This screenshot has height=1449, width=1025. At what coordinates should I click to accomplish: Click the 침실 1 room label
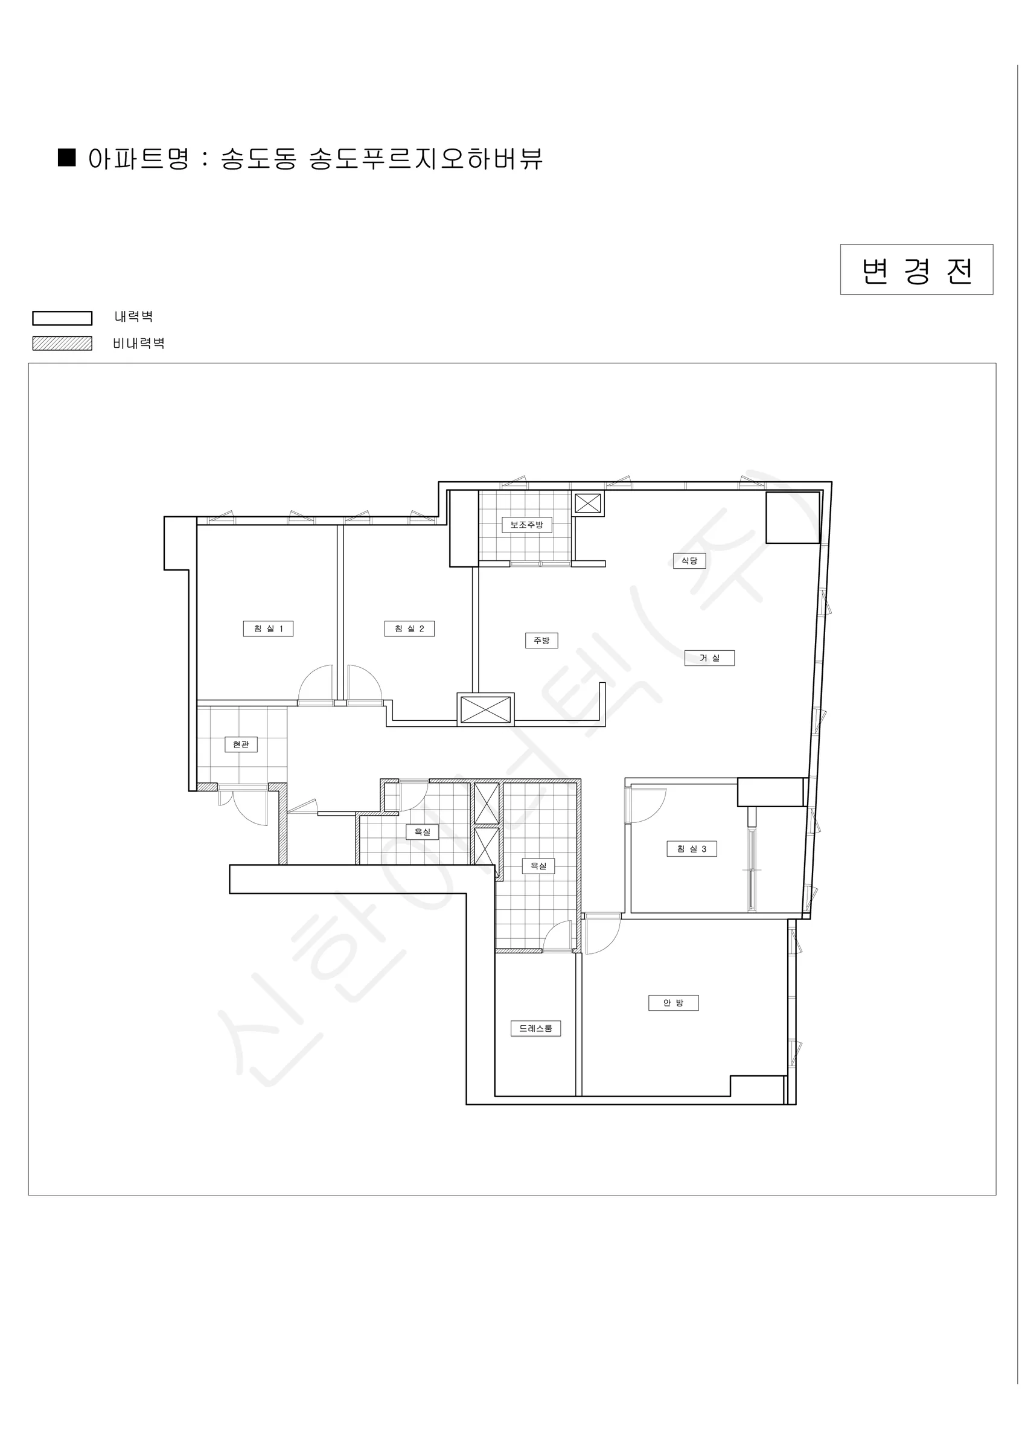click(x=268, y=629)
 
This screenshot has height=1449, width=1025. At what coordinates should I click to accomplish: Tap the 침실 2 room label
click(x=410, y=629)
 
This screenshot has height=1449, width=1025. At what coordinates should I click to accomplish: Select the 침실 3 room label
click(x=692, y=849)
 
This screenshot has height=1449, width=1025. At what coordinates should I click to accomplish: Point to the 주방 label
click(x=541, y=641)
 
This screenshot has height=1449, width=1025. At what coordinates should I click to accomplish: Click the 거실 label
click(x=709, y=658)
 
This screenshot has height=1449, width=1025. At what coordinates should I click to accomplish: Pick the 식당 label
click(x=689, y=560)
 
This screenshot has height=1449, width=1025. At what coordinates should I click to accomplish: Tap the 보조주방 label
click(x=527, y=525)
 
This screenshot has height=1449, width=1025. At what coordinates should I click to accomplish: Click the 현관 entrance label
click(x=241, y=744)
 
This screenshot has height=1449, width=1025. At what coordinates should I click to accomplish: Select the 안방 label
click(x=674, y=1003)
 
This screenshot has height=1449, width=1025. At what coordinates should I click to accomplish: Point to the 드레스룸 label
click(x=536, y=1029)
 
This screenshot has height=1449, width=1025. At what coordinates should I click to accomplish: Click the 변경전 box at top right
click(x=916, y=269)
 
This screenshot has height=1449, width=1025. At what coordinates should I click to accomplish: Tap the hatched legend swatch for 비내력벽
click(x=63, y=344)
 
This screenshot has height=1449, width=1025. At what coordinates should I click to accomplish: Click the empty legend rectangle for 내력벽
click(x=63, y=318)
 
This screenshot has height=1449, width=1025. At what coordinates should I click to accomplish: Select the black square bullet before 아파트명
click(x=67, y=158)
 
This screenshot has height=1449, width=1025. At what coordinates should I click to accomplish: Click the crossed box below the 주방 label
click(x=485, y=709)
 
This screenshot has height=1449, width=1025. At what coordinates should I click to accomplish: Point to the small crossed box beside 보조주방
click(x=587, y=504)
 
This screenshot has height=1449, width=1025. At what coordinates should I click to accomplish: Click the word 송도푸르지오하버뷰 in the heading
click(x=426, y=158)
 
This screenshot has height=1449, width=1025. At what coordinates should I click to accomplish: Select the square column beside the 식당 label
click(x=793, y=517)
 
